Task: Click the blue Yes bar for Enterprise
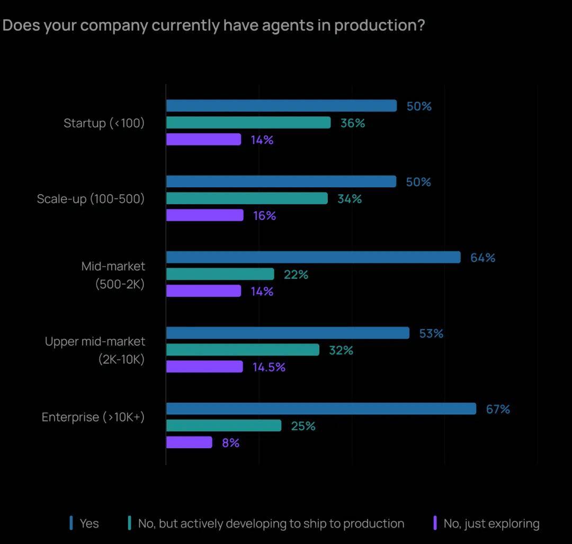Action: (x=321, y=409)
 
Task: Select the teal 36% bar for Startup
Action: (x=248, y=123)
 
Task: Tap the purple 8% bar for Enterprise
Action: (x=189, y=442)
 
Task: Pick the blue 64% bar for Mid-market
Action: (x=313, y=257)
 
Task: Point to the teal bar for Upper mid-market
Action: (x=243, y=350)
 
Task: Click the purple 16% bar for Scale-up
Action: (x=204, y=215)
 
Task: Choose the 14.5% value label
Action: (x=269, y=367)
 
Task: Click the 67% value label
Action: (x=498, y=409)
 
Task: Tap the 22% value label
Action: (x=296, y=275)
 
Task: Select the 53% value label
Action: (x=431, y=333)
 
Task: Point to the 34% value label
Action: (x=350, y=199)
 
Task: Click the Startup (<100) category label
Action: (x=104, y=123)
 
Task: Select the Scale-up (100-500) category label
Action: (x=91, y=199)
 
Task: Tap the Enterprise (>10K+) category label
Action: (x=93, y=417)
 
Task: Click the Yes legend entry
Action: (x=85, y=523)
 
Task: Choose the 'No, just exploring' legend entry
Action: (x=486, y=523)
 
